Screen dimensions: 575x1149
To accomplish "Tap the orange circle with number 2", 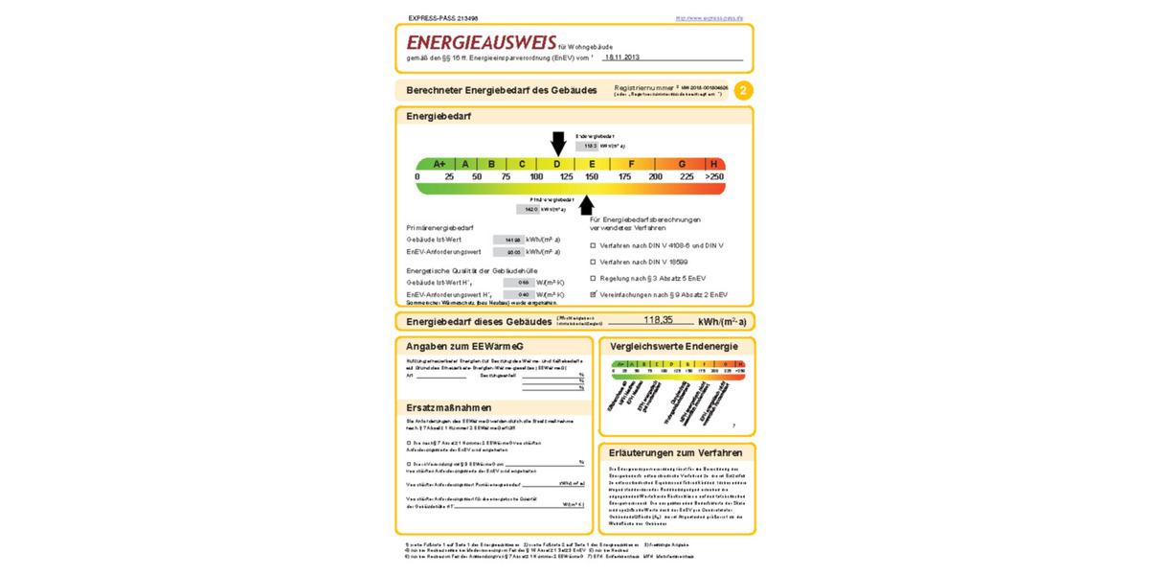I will coord(743,90).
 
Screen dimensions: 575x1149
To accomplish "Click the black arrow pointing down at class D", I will coord(558,143).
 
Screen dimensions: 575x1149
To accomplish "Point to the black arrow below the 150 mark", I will coord(587,204).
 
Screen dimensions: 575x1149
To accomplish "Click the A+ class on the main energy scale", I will coord(439,164).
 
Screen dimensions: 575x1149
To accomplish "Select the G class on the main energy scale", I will coord(682,164).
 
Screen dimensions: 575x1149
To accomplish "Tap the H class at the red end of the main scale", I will coord(713,164).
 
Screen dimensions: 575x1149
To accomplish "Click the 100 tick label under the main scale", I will coord(536,177).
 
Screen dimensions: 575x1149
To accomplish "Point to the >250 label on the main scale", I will coord(714,177).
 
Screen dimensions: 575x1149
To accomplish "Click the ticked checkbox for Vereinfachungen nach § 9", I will coord(594,294).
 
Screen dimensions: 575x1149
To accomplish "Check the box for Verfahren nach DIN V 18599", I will coord(594,262).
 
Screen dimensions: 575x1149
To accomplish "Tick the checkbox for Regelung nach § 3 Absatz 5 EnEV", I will coord(594,278).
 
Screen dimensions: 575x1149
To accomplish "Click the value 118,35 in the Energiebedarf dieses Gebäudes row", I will coord(658,320).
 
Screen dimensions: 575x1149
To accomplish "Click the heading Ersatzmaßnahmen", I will coord(449,407).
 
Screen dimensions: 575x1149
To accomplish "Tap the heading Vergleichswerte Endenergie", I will coord(674,346).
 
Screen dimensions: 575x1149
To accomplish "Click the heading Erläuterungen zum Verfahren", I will coord(675,452).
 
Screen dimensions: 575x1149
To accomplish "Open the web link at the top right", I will coord(709,18).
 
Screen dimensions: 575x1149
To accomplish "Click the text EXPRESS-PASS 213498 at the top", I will coord(443,18).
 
